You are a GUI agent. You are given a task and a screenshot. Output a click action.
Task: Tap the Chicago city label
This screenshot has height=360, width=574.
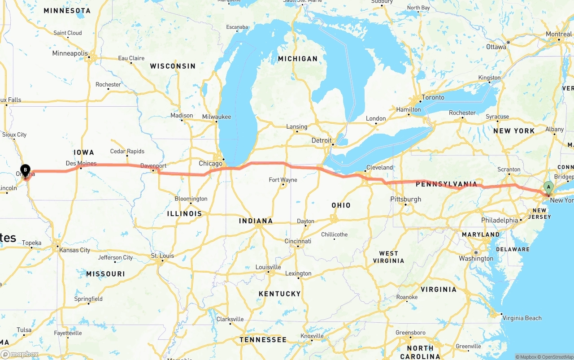point(210,163)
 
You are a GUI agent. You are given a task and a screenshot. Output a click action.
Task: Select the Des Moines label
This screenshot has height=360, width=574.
point(81,163)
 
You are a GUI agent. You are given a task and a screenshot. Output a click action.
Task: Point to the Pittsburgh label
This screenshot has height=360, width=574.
point(406,199)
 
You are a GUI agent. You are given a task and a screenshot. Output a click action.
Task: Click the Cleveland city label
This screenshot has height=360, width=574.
point(379,167)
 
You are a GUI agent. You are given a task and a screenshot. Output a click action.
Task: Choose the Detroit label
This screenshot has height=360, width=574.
point(322,140)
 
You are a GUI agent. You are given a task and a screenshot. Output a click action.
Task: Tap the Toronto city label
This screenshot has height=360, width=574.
point(433,97)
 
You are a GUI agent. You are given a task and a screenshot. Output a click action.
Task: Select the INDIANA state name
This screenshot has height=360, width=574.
point(256,221)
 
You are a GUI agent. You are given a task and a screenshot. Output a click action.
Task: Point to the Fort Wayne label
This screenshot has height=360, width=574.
point(283,180)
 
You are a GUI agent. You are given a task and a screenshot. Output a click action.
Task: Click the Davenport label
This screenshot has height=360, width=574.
point(153,165)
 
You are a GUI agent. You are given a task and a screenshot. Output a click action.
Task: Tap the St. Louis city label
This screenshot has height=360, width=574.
point(162,256)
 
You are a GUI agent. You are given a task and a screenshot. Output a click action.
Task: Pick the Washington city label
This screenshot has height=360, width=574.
point(476,258)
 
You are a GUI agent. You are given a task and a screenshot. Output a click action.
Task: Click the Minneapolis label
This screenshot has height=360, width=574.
point(70,53)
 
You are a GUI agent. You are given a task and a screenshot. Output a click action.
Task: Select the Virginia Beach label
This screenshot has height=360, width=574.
point(522,318)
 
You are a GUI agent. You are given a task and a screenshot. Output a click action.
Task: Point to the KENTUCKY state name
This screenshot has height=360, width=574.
point(279,294)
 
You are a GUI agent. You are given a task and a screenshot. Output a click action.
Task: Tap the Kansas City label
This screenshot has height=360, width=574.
point(75,250)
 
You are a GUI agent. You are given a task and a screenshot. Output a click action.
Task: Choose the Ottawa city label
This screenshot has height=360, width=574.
point(496,47)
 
